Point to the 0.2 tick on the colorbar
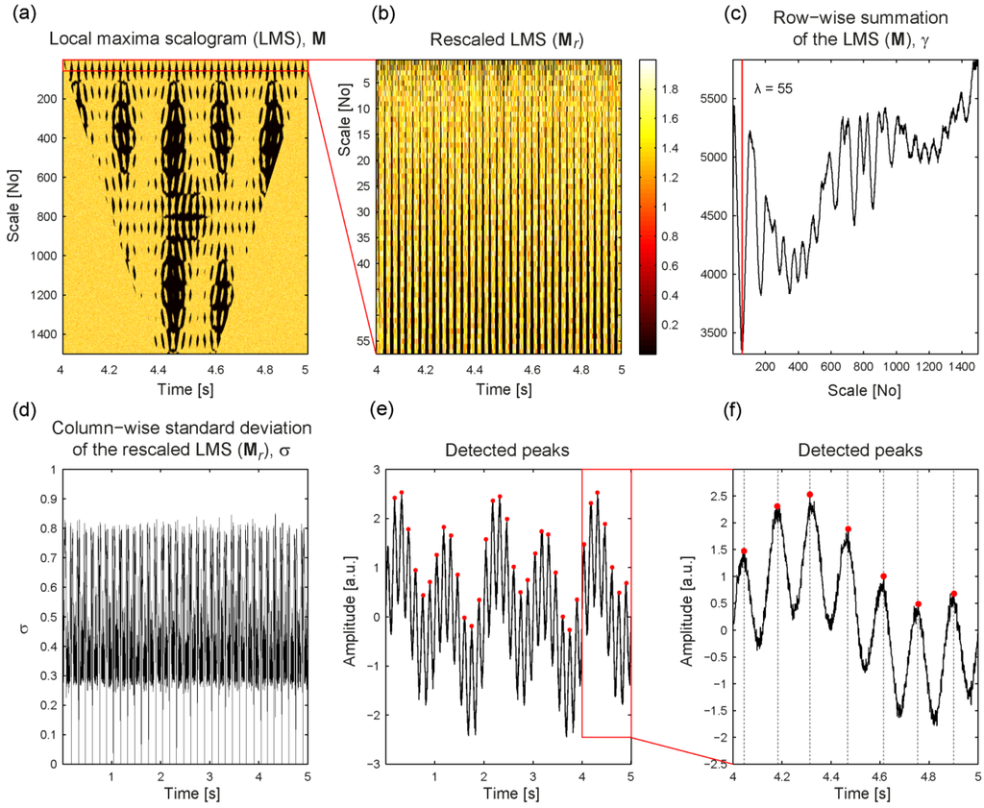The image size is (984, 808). (673, 326)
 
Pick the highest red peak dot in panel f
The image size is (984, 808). (810, 495)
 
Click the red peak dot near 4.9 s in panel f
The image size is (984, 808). (953, 594)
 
